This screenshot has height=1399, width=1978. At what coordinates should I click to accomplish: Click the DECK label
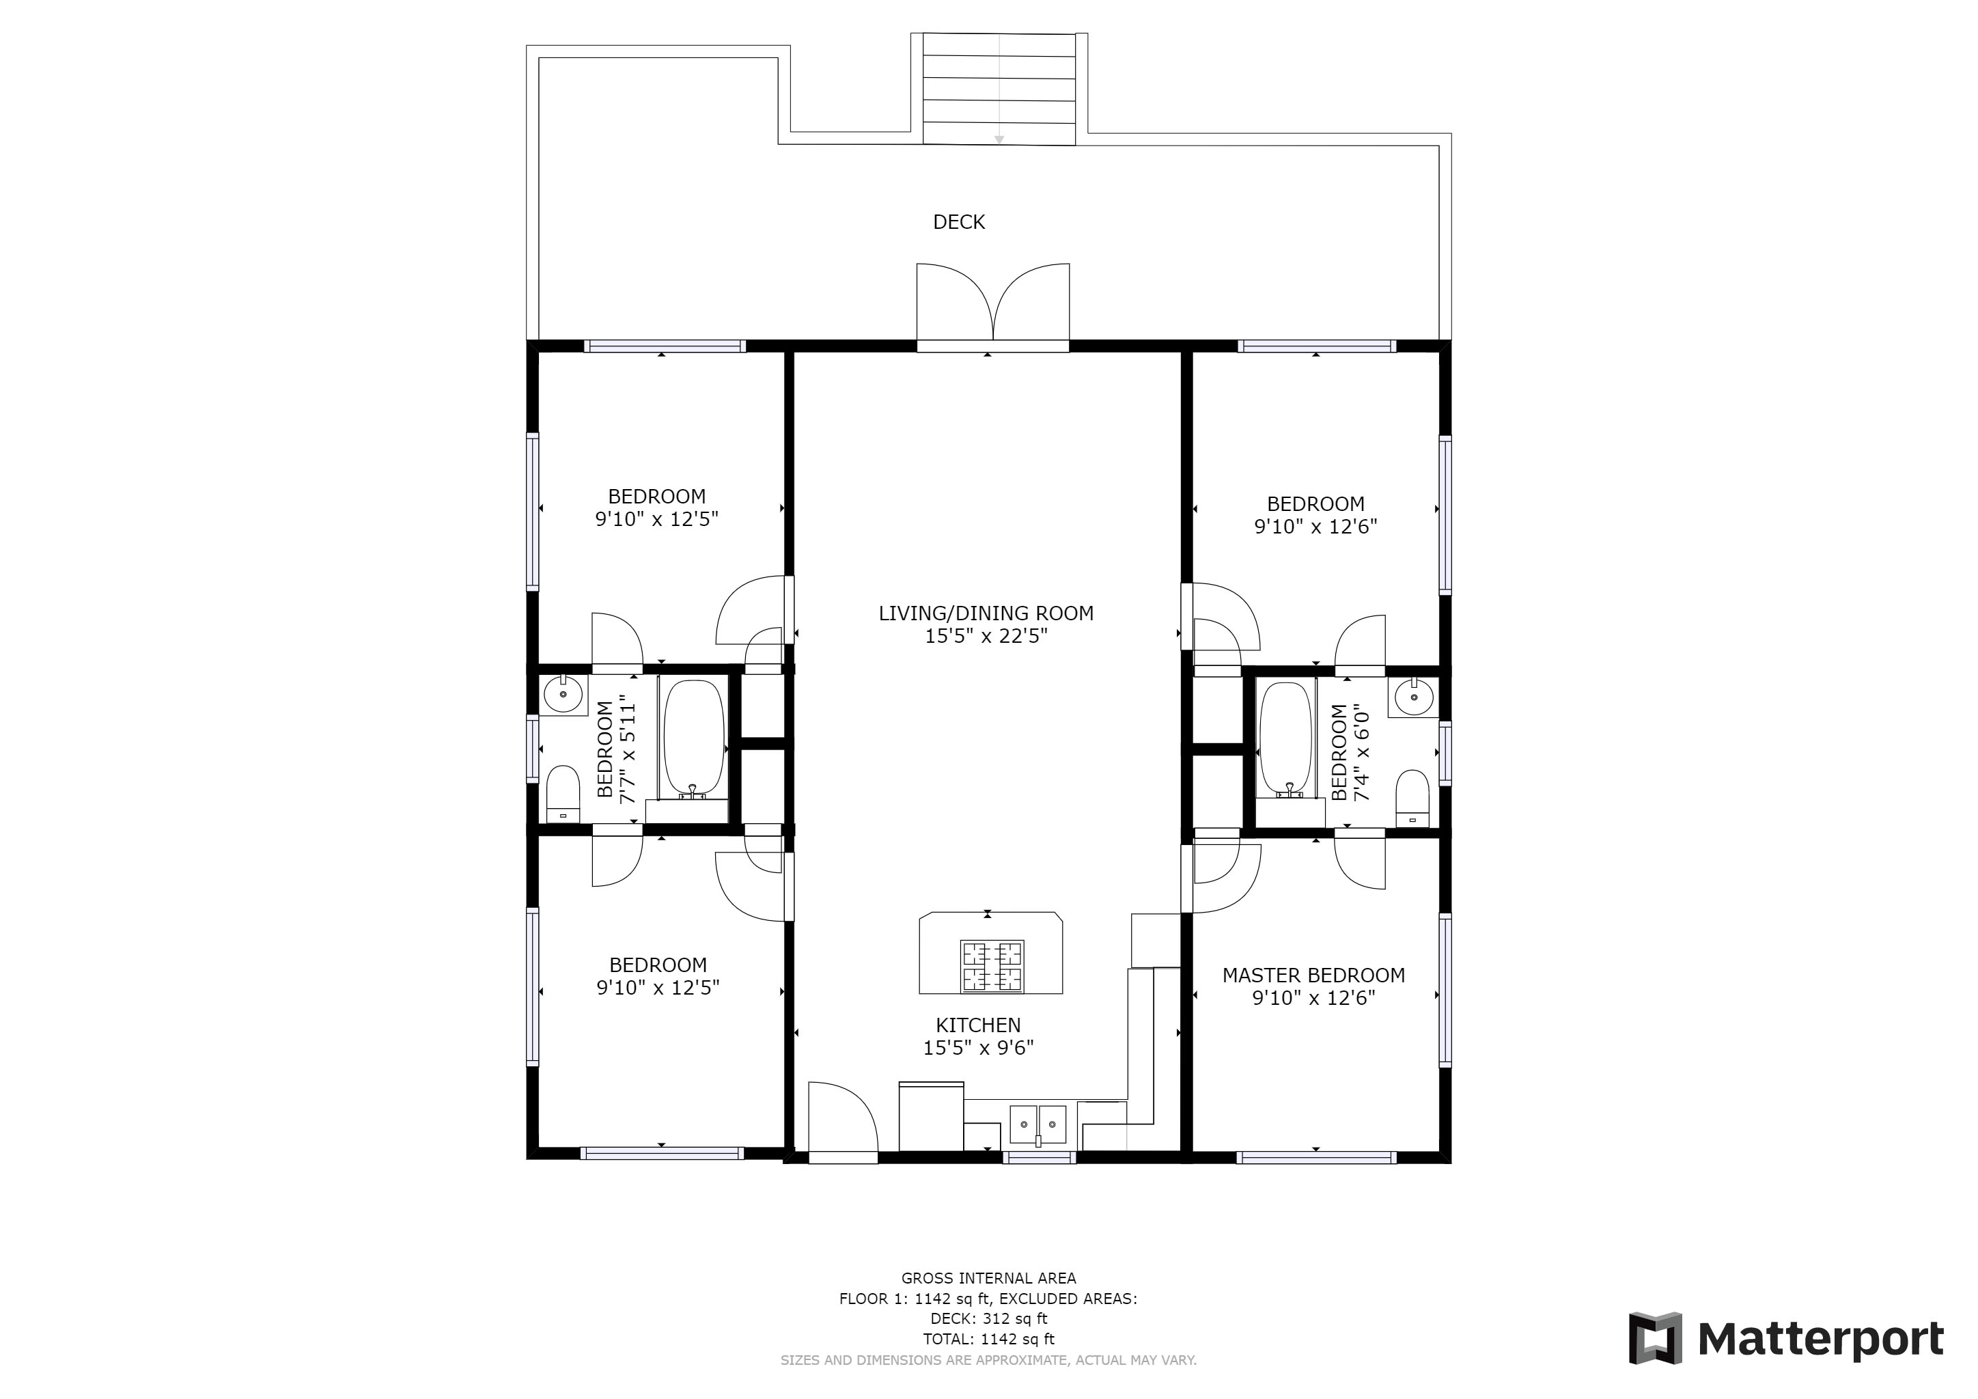tap(958, 222)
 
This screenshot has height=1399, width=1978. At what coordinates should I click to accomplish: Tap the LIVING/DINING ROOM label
tap(986, 613)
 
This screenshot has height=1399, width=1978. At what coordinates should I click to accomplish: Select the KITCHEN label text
tap(978, 1025)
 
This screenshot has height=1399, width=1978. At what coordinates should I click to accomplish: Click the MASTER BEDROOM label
tap(1313, 975)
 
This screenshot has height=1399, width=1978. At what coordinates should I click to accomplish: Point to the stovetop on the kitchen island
tap(992, 967)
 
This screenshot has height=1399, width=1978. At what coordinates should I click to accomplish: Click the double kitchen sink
tap(1037, 1124)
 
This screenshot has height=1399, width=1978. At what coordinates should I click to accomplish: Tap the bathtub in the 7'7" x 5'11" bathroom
tap(695, 739)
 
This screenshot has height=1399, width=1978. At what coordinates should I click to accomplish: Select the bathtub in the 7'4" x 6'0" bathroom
tap(1285, 739)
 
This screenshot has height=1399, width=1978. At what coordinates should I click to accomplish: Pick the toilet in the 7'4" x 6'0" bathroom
tap(1412, 798)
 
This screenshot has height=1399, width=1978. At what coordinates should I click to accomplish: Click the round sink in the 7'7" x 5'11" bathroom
tap(563, 694)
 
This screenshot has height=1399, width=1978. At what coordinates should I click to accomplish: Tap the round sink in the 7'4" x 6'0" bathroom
tap(1414, 697)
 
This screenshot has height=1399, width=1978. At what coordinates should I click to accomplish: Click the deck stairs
tap(999, 89)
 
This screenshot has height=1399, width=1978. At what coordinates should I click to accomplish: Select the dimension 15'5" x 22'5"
tap(986, 637)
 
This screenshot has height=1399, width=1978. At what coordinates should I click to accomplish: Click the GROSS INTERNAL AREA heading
tap(988, 1278)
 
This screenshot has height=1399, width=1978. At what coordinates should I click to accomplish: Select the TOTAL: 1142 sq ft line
tap(988, 1340)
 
